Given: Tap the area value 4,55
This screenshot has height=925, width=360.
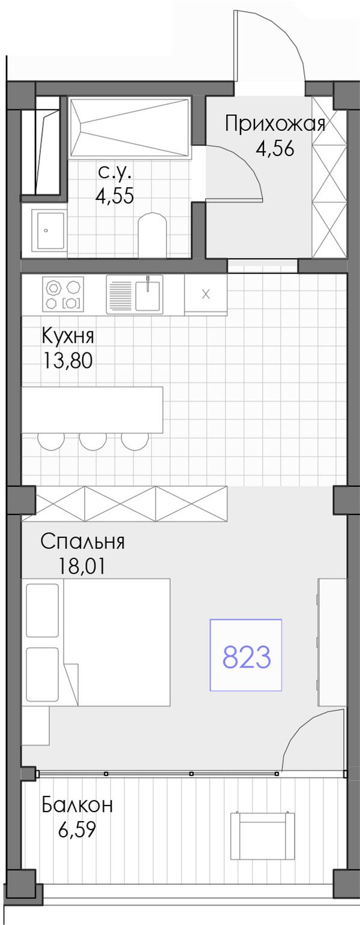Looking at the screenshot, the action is click(115, 196).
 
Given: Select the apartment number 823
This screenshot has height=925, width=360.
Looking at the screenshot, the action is click(247, 657).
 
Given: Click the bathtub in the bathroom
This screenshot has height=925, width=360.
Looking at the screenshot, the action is click(130, 128).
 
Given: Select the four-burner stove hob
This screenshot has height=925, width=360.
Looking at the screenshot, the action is click(63, 294).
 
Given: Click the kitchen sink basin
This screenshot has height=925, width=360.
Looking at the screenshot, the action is click(148, 294).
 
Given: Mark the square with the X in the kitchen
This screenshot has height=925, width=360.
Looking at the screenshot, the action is click(206, 295).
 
